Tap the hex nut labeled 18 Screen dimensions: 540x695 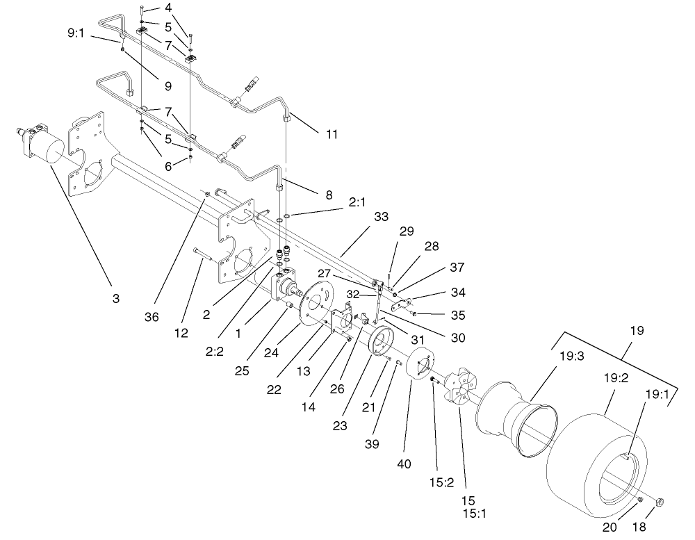point(660,502)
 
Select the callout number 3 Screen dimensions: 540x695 point(116,298)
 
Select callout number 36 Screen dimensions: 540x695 point(152,317)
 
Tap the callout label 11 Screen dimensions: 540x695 point(332,133)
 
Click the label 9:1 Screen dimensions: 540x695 point(76,32)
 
